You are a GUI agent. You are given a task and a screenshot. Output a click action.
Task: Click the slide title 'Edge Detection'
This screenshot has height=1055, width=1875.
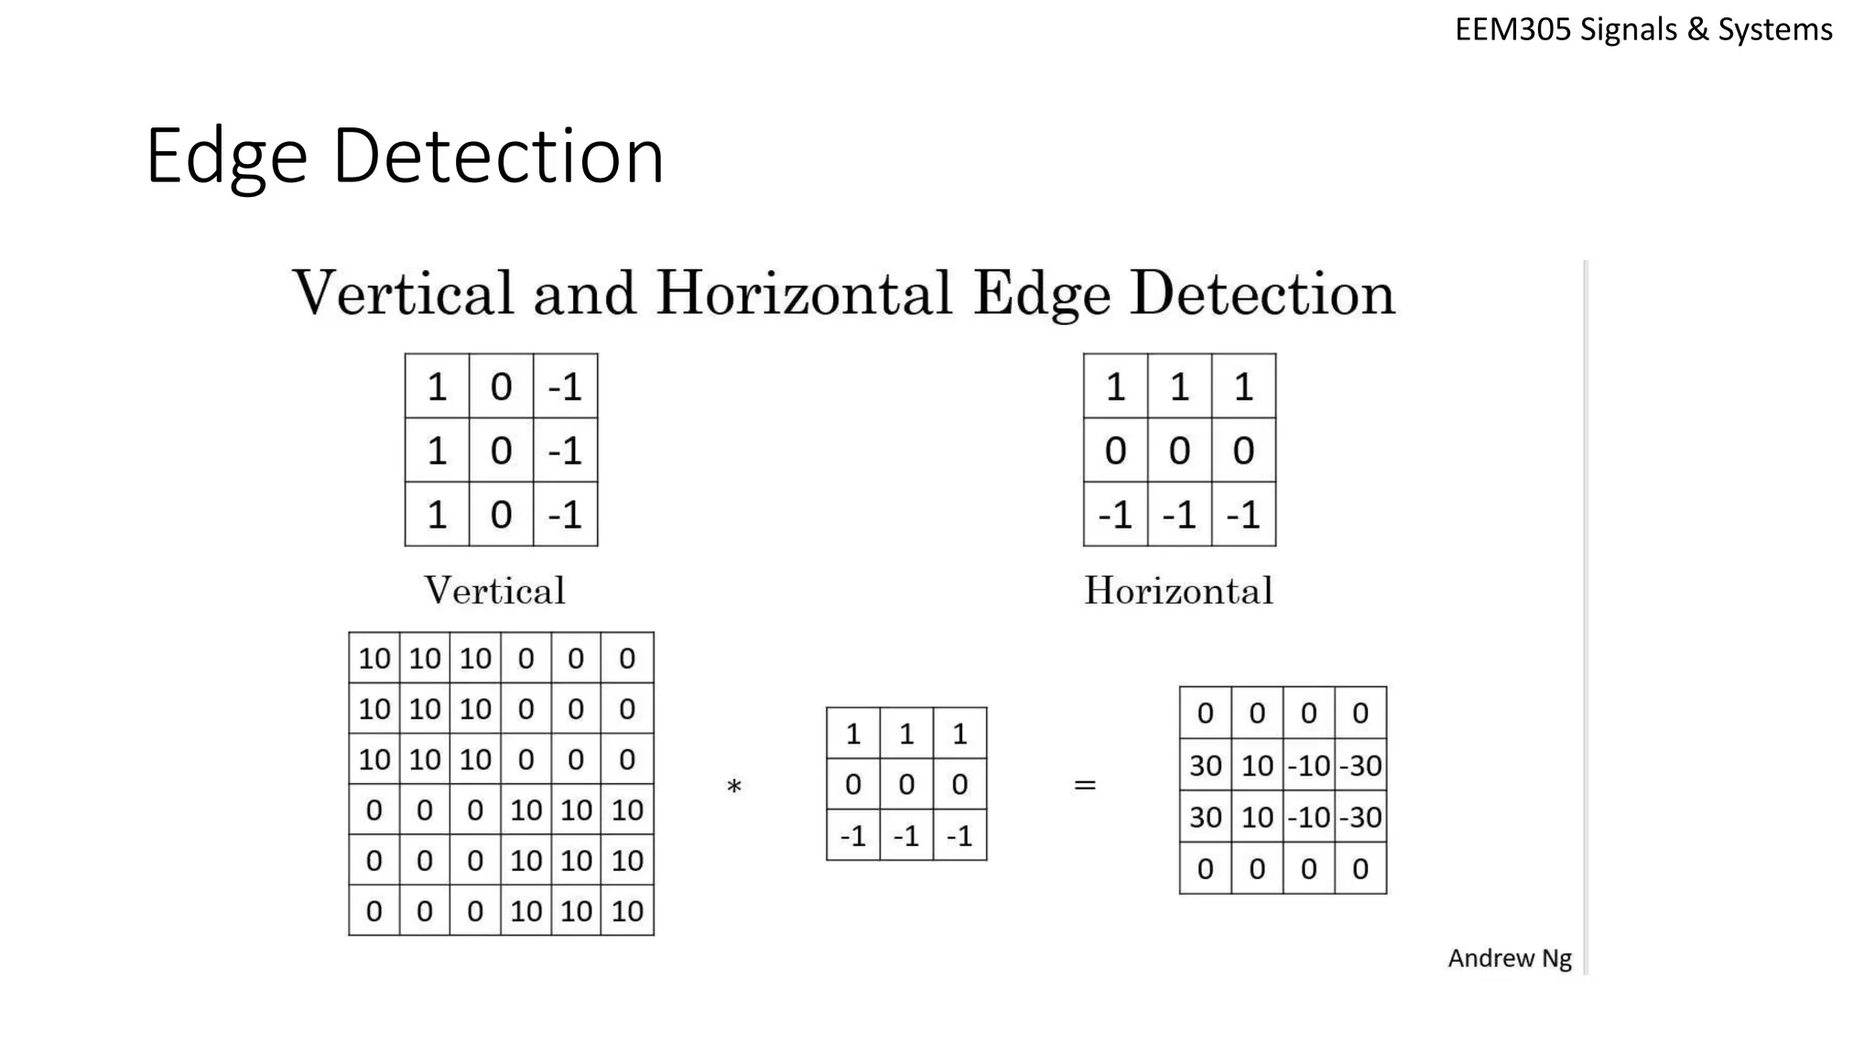[x=404, y=156]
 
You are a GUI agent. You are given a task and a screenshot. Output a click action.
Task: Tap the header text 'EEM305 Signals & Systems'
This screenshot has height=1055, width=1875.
[x=1643, y=30]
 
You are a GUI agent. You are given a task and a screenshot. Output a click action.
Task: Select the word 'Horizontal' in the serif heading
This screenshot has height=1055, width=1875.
[x=804, y=294]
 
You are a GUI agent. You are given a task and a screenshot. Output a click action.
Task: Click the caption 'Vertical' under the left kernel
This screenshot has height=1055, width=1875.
[x=494, y=591]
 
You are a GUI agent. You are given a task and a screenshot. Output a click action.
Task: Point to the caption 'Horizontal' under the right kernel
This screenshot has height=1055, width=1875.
[x=1178, y=591]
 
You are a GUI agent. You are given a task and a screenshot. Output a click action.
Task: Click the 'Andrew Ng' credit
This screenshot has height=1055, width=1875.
[x=1509, y=958]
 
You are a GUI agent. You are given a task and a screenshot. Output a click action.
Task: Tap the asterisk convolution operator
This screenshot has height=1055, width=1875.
[x=733, y=787]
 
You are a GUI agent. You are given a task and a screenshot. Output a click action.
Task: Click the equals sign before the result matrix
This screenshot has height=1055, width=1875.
[x=1085, y=785]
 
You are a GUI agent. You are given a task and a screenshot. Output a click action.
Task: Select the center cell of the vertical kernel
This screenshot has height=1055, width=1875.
[x=501, y=451]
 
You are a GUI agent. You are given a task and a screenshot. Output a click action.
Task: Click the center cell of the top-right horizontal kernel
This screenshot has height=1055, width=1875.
[x=1179, y=451]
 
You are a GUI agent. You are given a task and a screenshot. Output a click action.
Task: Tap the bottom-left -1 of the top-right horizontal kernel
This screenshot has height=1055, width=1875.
[x=1115, y=515]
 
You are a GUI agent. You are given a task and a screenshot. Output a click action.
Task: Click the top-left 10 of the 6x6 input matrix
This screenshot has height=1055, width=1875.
[x=374, y=658]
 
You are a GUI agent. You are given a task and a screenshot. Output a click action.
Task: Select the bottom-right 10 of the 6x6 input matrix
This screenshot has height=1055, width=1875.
[x=627, y=911]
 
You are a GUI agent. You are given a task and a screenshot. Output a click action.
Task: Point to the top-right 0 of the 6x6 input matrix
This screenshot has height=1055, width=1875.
[x=627, y=658]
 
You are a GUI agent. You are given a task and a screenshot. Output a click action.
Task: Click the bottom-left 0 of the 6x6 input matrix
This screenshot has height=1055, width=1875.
[x=374, y=911]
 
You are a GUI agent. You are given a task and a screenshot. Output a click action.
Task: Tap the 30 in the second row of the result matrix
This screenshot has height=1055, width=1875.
[x=1205, y=766]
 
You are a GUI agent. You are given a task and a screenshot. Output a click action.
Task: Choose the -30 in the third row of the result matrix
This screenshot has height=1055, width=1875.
[x=1360, y=817]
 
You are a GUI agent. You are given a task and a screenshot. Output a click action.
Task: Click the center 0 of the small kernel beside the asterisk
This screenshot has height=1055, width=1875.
[x=906, y=785]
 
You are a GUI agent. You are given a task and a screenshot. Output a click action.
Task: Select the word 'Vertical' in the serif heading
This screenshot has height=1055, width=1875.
[x=403, y=294]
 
